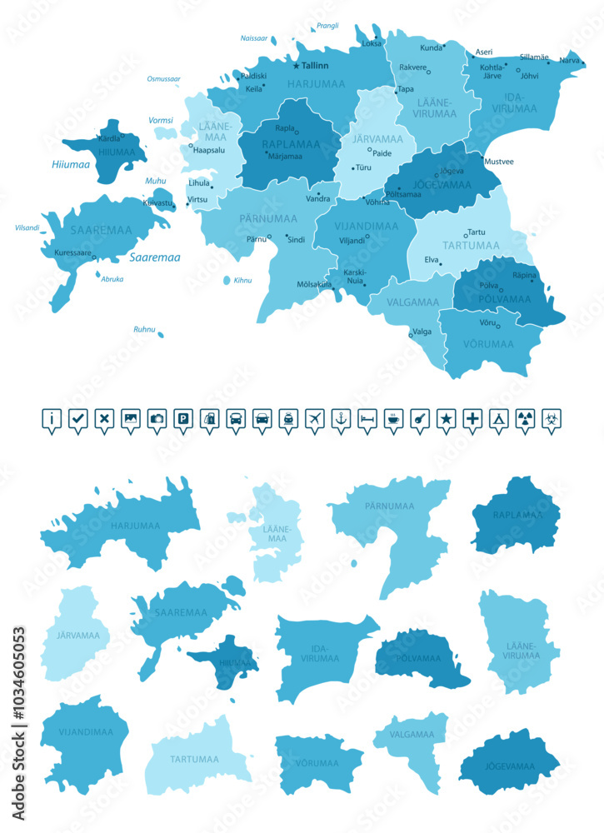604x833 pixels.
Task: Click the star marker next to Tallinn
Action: click(295, 65)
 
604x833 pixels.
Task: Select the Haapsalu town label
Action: click(209, 151)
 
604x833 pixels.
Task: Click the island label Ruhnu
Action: click(144, 330)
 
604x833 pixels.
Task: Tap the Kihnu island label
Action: click(242, 281)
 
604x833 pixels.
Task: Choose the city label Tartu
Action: click(477, 232)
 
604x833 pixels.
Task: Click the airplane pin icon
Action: click(314, 419)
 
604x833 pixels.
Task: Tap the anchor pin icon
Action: click(340, 419)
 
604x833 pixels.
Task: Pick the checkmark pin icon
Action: click(77, 419)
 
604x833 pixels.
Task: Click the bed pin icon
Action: click(367, 419)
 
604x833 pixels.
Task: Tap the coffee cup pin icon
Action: click(393, 419)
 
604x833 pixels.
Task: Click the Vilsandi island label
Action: click(27, 227)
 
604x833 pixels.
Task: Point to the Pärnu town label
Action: click(256, 239)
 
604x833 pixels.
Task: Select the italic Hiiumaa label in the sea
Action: click(70, 165)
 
